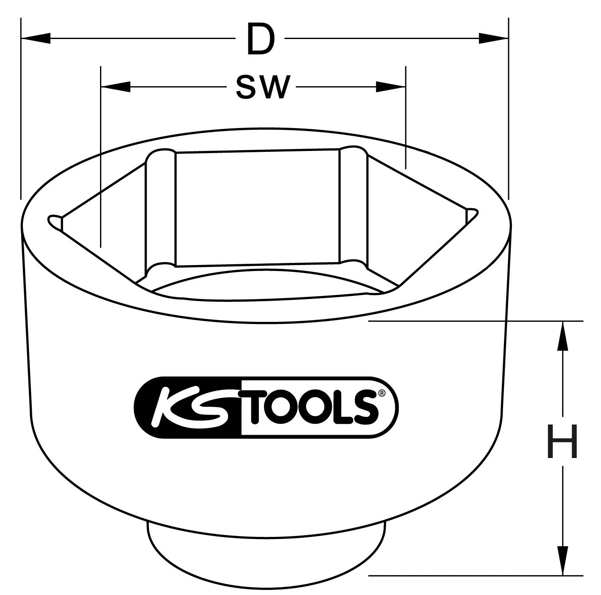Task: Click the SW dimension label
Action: tap(263, 88)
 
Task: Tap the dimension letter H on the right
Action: tap(562, 443)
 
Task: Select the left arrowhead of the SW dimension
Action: tap(115, 88)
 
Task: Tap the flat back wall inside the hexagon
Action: tap(257, 208)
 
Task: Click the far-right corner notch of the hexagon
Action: tap(471, 215)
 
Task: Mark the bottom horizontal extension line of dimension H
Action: tap(475, 575)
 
